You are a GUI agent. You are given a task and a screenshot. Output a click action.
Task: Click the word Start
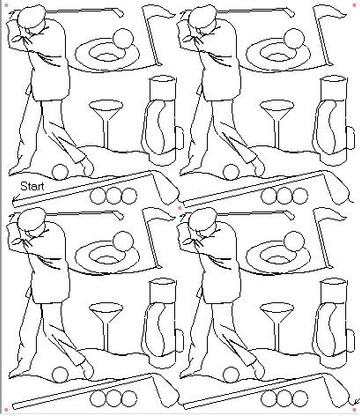point(32,186)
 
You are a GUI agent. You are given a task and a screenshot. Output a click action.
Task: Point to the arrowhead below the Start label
point(15,200)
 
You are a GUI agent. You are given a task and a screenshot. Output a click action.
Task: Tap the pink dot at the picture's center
point(180,208)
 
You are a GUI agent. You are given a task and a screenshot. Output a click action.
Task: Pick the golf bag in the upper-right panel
point(331,119)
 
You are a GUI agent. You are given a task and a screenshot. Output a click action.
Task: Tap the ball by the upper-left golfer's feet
point(60,171)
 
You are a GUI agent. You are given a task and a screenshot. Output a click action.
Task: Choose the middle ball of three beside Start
point(114,196)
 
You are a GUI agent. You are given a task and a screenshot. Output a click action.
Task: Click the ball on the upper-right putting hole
point(294,38)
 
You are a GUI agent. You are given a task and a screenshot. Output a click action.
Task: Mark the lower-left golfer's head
point(31,219)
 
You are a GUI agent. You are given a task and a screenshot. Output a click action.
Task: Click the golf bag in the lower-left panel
point(161,323)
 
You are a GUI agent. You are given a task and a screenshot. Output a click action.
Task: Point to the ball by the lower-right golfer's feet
point(231,374)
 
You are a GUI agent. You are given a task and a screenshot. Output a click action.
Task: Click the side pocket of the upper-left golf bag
point(179,138)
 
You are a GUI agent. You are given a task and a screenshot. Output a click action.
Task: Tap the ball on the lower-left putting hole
point(123,241)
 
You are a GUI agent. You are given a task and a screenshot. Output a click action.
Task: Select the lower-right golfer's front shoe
point(258,372)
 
